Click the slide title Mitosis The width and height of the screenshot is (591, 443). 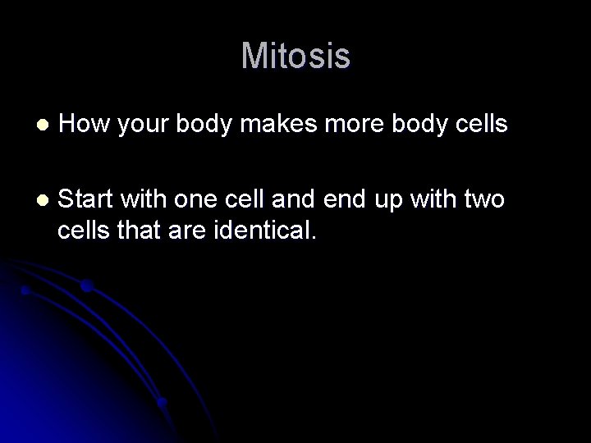point(295,57)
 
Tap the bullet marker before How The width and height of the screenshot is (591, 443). point(43,125)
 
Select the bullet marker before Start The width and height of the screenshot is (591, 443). point(43,199)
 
